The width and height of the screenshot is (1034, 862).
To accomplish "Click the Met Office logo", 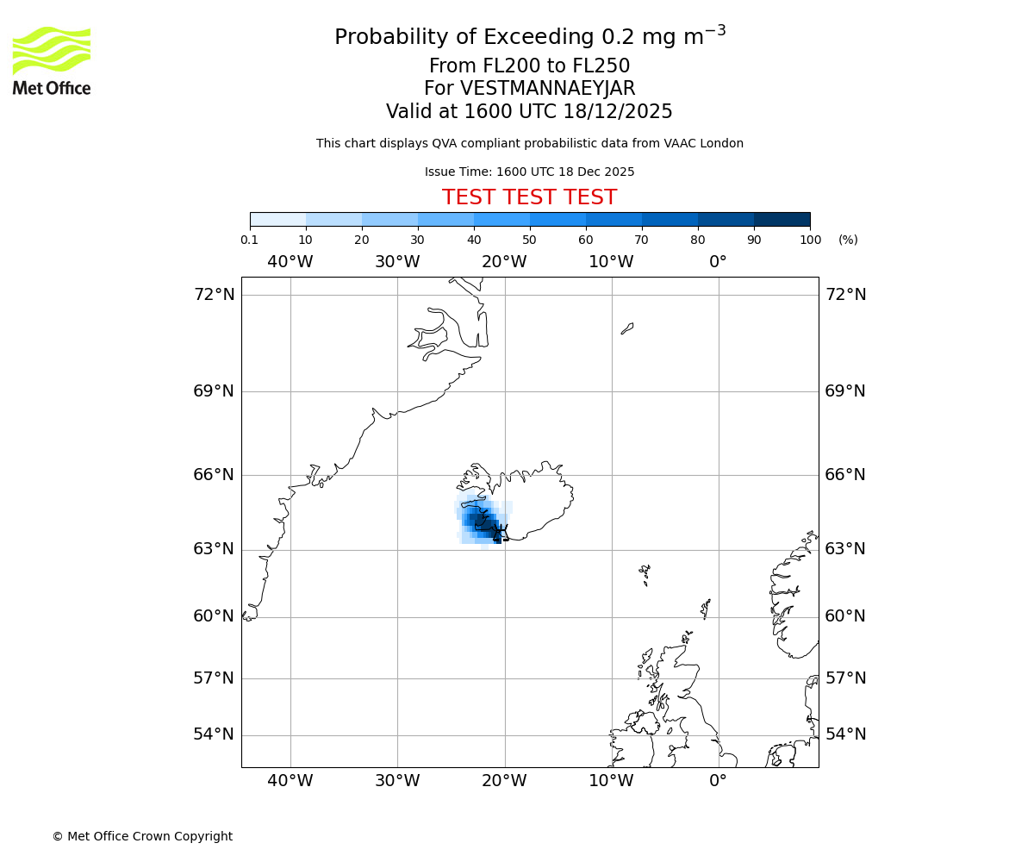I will pos(52,60).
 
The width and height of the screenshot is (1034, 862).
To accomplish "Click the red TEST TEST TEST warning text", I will pos(529,198).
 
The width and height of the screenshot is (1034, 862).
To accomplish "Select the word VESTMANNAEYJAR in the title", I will pos(547,89).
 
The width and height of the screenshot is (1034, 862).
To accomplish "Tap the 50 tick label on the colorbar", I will pos(529,240).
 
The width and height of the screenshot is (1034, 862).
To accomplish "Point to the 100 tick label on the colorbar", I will pos(810,240).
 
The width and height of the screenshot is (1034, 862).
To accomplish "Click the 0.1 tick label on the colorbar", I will pos(250,240).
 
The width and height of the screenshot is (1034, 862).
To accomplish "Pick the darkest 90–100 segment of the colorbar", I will pos(782,219).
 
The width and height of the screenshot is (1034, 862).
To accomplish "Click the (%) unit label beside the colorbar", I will pos(848,240).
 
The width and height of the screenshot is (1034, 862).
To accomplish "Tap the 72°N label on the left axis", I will pos(214,295).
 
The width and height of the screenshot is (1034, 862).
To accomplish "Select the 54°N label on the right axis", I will pos(845,734).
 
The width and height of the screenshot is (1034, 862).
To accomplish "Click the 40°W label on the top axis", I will pos(290,262).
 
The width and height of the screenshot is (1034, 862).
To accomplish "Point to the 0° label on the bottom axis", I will pos(718,782).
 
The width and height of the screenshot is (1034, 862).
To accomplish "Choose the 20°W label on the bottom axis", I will pos(504,782).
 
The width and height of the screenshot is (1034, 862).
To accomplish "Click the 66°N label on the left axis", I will pos(214,475).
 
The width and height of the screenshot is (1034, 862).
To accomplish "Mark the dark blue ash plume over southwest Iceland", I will pos(483,522).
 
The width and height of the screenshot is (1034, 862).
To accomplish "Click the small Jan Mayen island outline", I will pos(627,328).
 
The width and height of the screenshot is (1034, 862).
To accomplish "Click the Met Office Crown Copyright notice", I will pos(142,836).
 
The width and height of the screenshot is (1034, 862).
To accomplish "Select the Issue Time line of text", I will pos(529,172).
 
